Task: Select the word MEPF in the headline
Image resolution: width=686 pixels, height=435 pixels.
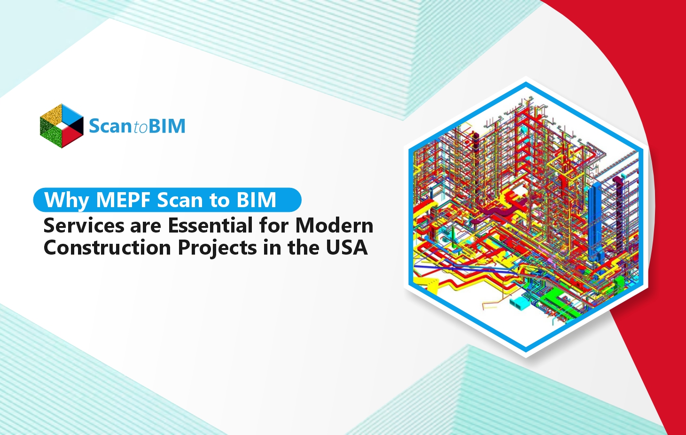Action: [x=123, y=200]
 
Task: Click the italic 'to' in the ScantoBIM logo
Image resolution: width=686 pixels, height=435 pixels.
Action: [x=140, y=127]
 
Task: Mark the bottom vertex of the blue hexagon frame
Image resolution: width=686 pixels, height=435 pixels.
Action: [x=526, y=350]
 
